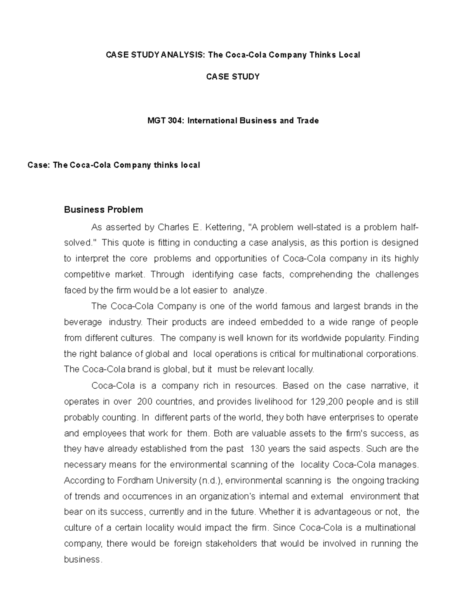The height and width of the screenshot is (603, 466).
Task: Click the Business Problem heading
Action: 103,210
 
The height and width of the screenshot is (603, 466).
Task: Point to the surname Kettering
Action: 225,227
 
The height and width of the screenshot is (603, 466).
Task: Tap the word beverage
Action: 83,322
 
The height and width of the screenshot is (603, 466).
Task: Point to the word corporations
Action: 393,354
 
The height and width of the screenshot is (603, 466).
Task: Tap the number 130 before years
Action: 259,449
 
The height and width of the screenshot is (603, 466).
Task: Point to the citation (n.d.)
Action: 210,481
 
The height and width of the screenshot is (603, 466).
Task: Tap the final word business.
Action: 83,560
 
